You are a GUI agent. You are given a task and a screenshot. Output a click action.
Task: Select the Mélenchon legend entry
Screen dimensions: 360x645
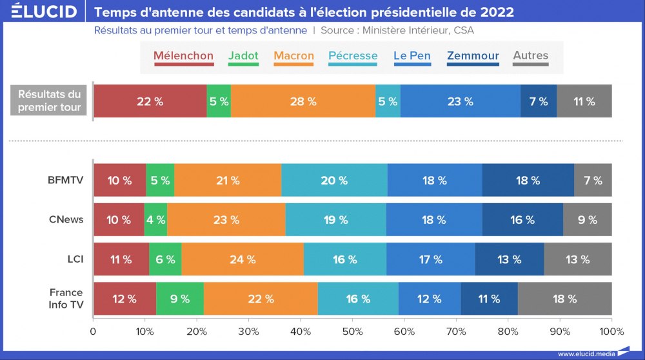(183, 56)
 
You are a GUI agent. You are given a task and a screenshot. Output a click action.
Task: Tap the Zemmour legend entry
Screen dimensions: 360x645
(473, 56)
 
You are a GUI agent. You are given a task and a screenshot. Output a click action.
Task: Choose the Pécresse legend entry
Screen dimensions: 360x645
(353, 56)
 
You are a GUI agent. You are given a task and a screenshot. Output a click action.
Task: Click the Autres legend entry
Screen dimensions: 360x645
(530, 56)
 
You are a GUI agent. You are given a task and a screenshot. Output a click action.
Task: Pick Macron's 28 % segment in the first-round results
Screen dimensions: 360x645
(303, 101)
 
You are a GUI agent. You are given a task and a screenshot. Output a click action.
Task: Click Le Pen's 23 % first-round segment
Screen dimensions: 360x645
(461, 101)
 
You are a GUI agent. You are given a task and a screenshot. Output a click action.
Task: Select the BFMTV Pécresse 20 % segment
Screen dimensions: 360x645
(334, 180)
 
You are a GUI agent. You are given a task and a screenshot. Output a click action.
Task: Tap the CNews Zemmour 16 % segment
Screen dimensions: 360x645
(522, 219)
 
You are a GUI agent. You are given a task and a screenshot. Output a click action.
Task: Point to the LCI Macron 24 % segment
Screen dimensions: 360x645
(243, 259)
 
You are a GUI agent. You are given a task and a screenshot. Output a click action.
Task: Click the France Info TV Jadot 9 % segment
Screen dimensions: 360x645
(180, 299)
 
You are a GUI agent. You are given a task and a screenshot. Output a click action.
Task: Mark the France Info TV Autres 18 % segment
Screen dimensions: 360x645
(564, 299)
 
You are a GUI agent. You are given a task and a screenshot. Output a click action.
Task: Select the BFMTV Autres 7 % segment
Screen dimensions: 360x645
(593, 180)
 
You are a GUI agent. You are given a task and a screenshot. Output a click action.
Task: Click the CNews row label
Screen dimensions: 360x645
(66, 219)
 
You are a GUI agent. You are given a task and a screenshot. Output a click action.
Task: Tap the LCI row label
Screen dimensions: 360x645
(73, 259)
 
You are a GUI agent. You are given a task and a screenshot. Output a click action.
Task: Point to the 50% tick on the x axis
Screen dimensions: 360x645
(352, 332)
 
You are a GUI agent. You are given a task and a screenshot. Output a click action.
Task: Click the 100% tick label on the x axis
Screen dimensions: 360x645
(611, 332)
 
